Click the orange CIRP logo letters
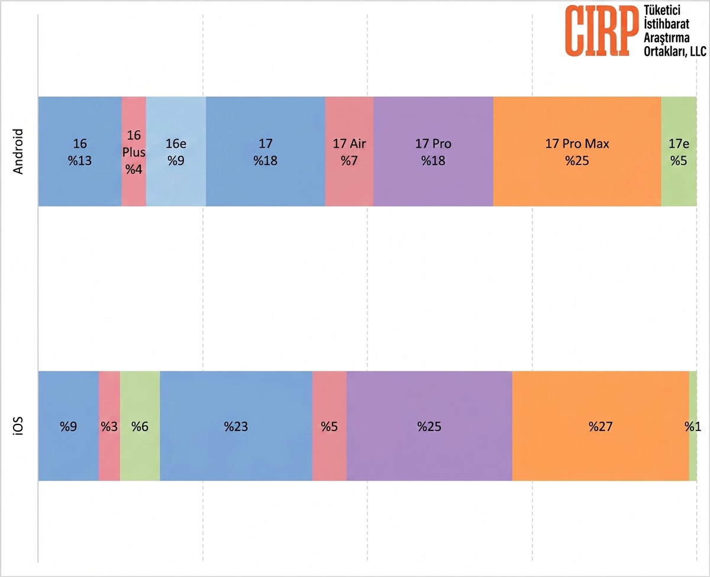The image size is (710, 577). point(599,31)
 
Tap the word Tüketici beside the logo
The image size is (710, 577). point(661,10)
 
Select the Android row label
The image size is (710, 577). point(18,151)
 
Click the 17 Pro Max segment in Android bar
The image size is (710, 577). point(577,151)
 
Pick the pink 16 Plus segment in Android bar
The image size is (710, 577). point(134,151)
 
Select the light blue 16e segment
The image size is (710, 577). point(176,151)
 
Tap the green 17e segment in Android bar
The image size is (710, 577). point(679,151)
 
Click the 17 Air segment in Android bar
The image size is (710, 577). point(349,151)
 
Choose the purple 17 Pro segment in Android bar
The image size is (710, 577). point(433,151)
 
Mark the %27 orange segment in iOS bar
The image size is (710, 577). point(601,426)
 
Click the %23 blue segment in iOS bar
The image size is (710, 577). point(236,426)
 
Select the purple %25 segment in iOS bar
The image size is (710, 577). point(430,426)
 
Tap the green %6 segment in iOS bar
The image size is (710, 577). point(140,426)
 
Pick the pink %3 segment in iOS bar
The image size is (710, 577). point(109,426)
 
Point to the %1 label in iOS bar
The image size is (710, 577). point(693,426)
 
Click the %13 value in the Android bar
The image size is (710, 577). point(80,160)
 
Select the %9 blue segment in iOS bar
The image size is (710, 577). point(68,426)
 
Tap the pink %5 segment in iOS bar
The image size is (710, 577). point(330,426)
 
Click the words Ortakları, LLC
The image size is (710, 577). point(675,51)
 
